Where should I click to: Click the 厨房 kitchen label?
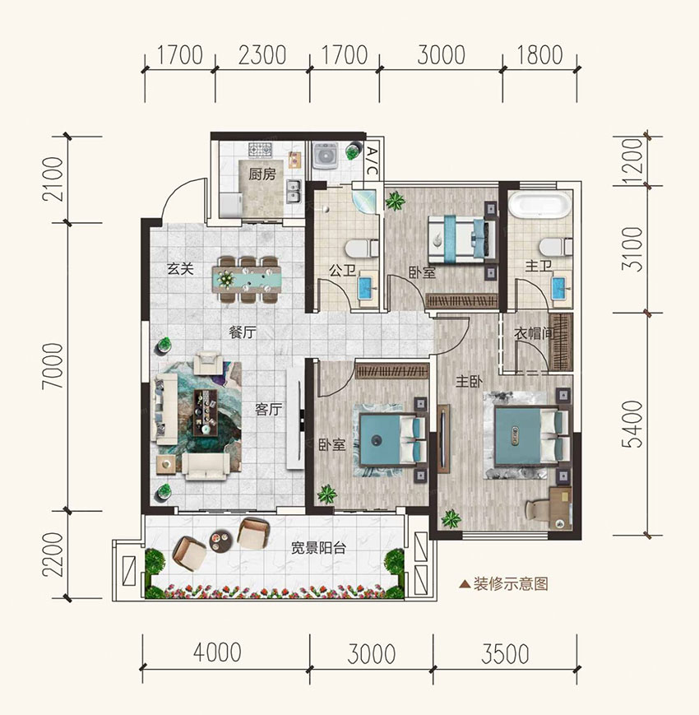click(262, 174)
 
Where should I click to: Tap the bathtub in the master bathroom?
click(540, 205)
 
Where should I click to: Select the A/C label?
click(372, 161)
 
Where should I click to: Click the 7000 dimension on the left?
click(53, 366)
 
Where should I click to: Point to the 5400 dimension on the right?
click(633, 424)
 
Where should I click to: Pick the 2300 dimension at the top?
click(262, 55)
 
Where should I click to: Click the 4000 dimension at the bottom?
click(217, 652)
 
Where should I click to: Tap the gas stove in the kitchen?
click(260, 149)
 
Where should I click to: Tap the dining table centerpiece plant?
click(225, 278)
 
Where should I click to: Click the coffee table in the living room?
click(206, 413)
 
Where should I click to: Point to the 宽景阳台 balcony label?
click(318, 547)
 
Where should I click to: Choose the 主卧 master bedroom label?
click(470, 381)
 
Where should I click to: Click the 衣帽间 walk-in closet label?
click(533, 333)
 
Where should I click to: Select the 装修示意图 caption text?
click(511, 583)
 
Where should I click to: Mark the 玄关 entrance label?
click(180, 268)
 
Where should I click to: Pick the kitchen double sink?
click(293, 192)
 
